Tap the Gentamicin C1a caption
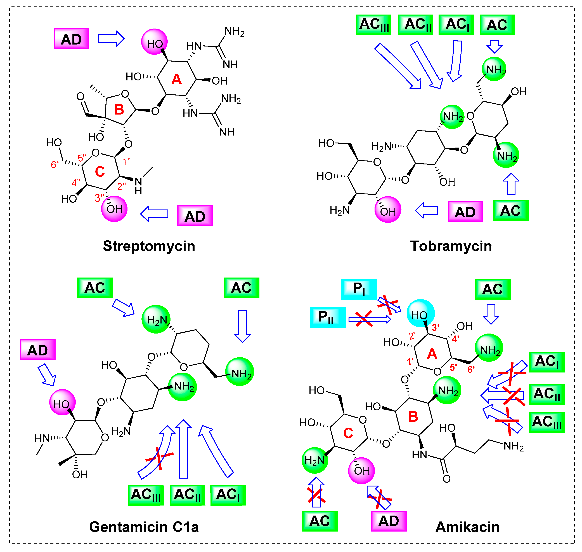144,527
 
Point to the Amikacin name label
467,527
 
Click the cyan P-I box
359,289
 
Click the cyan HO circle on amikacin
420,314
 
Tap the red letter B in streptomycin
119,110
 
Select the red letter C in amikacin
348,433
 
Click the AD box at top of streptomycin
71,39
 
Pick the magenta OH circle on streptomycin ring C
114,209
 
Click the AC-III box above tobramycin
374,25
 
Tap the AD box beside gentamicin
38,349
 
